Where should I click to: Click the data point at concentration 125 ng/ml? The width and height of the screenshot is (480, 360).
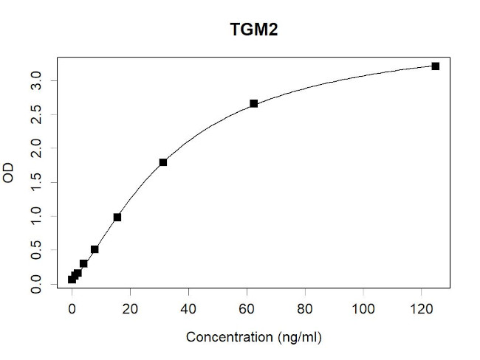tap(436, 66)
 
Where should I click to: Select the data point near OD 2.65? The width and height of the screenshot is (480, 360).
tap(253, 103)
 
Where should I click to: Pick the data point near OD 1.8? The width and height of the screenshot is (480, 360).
tap(162, 162)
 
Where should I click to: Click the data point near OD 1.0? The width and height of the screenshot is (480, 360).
tap(117, 218)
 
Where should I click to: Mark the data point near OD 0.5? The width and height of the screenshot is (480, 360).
tap(95, 249)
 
